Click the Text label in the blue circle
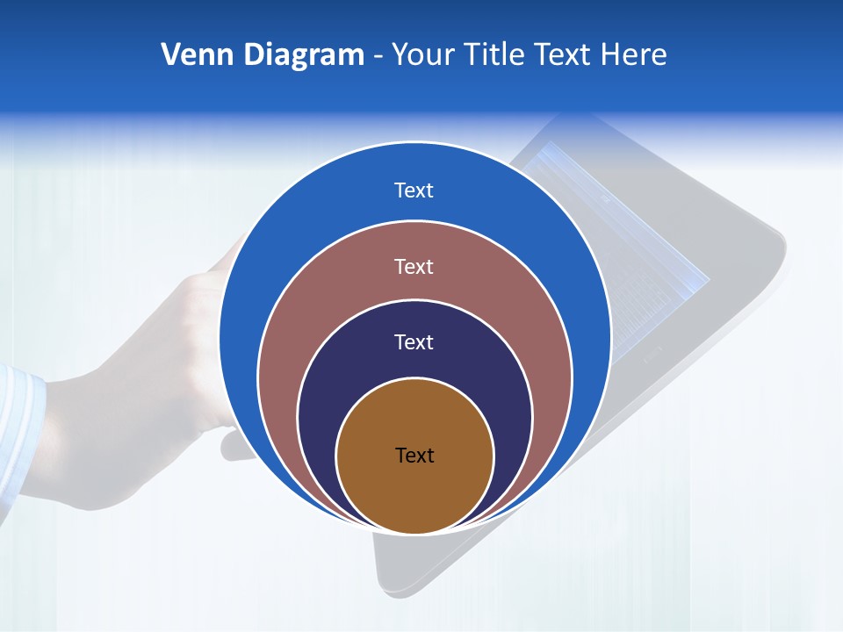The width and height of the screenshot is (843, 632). [x=414, y=190]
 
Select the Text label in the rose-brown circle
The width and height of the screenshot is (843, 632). [x=414, y=266]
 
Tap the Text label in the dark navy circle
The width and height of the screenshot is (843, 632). [x=414, y=341]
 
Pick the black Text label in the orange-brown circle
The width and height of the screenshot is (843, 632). [x=414, y=455]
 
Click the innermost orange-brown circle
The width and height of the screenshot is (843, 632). [x=414, y=492]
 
